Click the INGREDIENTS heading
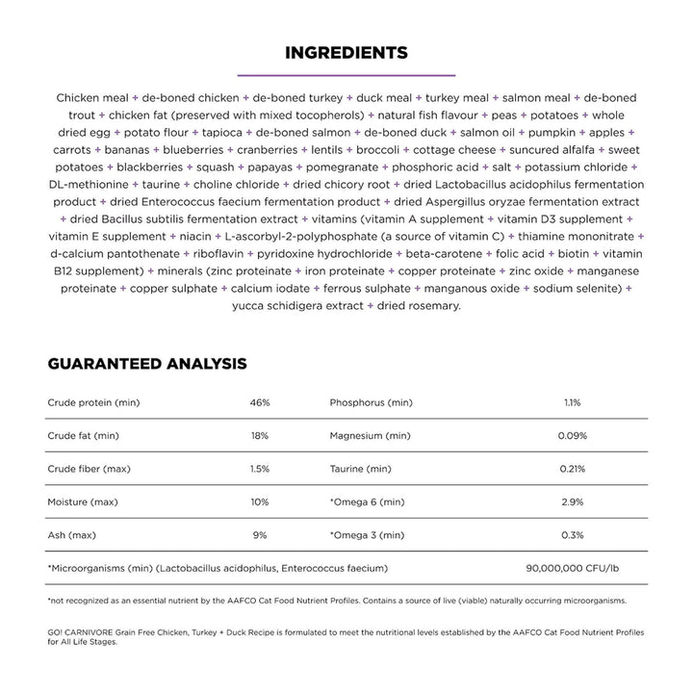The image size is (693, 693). click(x=346, y=52)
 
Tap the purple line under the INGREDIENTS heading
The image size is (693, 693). click(x=346, y=75)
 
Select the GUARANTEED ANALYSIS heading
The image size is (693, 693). click(x=147, y=364)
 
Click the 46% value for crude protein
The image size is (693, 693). click(x=260, y=402)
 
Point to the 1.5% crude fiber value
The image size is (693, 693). click(x=260, y=469)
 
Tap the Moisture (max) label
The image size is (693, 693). click(x=82, y=502)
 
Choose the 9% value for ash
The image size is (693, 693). click(x=260, y=535)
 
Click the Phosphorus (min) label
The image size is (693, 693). click(x=371, y=402)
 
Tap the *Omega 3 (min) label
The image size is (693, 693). click(x=368, y=535)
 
